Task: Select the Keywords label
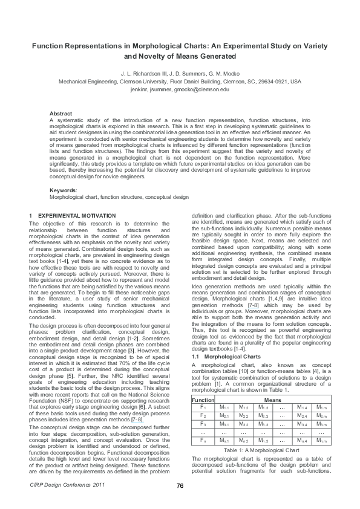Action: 62,190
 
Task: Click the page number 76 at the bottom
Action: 180,487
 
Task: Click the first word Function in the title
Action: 48,45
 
